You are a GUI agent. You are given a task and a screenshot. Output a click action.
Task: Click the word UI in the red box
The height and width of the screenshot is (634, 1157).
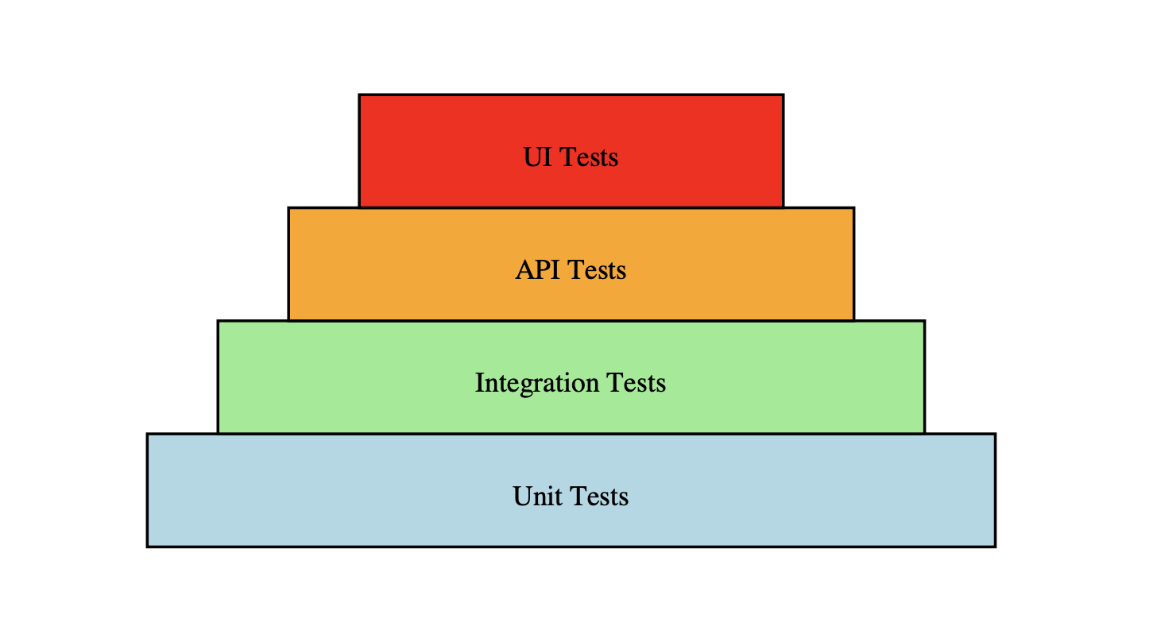tap(536, 157)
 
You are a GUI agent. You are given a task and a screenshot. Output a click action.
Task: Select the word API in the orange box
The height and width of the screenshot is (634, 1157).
tap(537, 270)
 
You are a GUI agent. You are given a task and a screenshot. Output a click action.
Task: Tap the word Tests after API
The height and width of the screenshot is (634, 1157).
tap(596, 270)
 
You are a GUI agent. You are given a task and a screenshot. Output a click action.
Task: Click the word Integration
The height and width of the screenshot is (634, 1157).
tap(536, 383)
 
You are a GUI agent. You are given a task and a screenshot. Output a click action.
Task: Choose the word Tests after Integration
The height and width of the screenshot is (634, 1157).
tap(636, 383)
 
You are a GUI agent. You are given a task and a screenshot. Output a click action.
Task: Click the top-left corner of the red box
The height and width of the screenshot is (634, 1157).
tap(359, 95)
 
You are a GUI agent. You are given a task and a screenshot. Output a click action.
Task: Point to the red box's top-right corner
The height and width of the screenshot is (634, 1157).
tap(784, 95)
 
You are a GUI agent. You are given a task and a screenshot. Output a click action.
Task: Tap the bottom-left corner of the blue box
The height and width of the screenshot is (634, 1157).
tap(148, 546)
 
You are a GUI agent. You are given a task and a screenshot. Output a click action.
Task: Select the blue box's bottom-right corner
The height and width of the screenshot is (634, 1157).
tap(995, 546)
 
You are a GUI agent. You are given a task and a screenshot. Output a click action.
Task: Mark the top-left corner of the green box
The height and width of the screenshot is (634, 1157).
tap(218, 321)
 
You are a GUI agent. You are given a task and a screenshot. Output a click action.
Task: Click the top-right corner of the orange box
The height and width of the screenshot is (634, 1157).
tap(853, 208)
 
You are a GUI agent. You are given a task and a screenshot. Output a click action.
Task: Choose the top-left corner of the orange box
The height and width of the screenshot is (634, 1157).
tap(288, 208)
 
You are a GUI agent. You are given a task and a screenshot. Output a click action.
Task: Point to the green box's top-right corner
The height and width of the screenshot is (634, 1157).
tap(924, 321)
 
